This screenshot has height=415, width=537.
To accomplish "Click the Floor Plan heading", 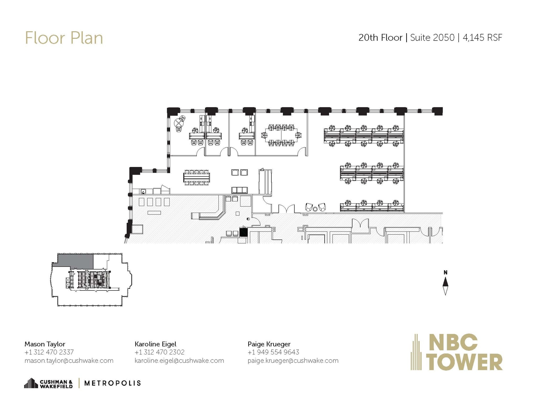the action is (64, 38).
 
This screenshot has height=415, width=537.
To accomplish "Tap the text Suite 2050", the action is (432, 38).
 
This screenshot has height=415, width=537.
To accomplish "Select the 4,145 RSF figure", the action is (482, 38).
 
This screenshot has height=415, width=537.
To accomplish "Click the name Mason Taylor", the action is (45, 344).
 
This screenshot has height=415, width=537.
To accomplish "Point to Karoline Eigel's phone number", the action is (159, 352).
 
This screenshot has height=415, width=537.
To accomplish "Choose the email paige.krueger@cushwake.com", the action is (293, 360).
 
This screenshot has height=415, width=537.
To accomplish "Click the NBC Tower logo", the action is (457, 352).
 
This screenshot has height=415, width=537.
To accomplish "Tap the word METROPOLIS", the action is (112, 383).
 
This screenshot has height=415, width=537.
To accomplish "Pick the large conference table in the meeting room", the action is (281, 135).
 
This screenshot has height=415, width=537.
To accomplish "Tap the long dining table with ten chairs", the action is (197, 177).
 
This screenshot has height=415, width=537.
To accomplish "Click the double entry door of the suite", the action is (286, 209).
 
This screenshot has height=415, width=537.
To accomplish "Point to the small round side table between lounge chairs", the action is (315, 209).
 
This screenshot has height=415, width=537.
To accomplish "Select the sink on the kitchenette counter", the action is (143, 191).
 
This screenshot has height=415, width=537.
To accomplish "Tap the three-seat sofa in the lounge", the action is (239, 190).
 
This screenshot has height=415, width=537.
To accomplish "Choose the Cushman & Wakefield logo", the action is (49, 383).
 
